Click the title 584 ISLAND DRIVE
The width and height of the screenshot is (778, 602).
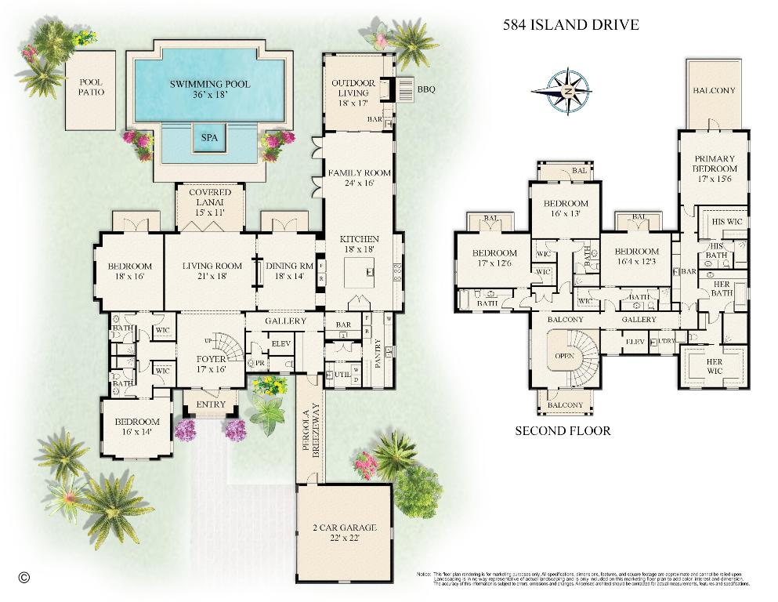click(x=570, y=24)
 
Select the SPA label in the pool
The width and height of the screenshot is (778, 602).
click(x=209, y=137)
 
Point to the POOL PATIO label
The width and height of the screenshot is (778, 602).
click(x=89, y=87)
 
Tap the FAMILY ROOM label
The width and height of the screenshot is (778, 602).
click(x=359, y=178)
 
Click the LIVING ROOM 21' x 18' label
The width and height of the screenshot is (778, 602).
click(x=212, y=270)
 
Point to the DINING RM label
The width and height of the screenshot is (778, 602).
click(x=289, y=270)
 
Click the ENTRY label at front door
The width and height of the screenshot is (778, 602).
click(x=210, y=404)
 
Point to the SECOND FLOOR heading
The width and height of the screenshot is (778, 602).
click(x=563, y=430)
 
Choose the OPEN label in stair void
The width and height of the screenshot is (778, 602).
click(x=563, y=354)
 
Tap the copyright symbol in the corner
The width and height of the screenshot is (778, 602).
click(x=23, y=578)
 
